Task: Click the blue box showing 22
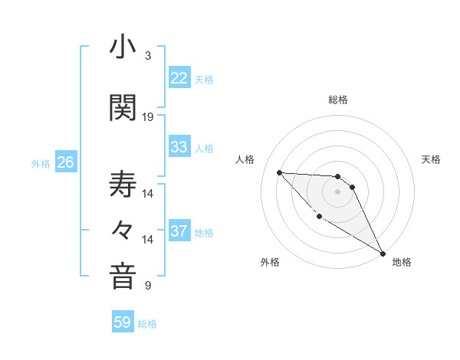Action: tap(179, 78)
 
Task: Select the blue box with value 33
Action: tap(179, 147)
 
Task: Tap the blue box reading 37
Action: tap(179, 231)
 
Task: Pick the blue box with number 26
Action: tap(65, 162)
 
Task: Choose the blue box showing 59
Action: tap(123, 322)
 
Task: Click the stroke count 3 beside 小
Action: tap(147, 56)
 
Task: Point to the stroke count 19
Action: tap(148, 117)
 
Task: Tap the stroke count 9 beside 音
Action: tap(147, 286)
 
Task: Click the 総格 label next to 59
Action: tap(147, 324)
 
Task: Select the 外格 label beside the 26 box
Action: tap(41, 163)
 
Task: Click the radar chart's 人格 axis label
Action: tap(245, 159)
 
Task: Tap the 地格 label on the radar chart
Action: tap(402, 262)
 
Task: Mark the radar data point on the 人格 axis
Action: tap(279, 172)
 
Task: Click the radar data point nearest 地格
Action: tap(383, 254)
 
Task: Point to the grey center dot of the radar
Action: tap(337, 191)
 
